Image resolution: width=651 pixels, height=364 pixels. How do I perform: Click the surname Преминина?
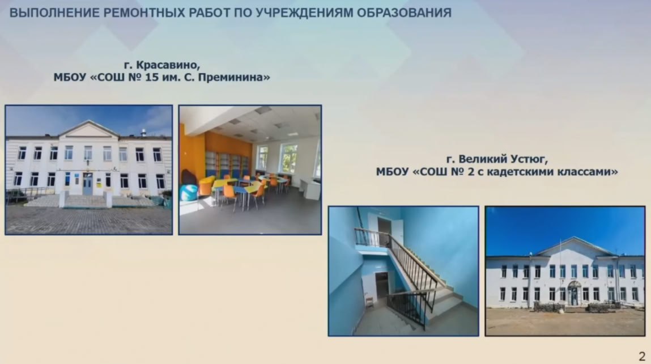234,77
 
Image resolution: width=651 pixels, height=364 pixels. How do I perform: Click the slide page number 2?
642,356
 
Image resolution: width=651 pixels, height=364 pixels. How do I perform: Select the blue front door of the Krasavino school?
88,184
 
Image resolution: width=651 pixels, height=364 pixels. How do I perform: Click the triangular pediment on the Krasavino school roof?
88,129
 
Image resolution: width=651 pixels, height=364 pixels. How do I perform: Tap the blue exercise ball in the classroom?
189,192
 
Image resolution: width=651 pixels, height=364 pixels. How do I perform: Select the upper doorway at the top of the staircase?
385,230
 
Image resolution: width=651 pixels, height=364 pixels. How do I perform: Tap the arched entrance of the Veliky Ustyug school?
574,293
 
